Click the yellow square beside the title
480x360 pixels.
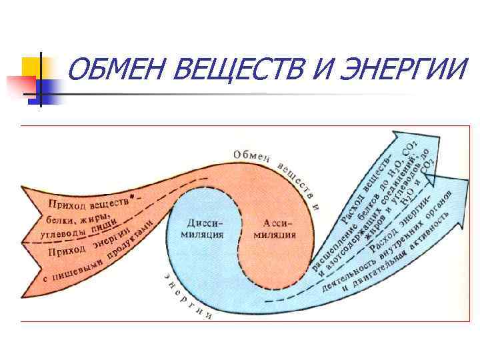point(32,66)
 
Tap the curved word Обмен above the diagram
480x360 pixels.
point(251,155)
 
